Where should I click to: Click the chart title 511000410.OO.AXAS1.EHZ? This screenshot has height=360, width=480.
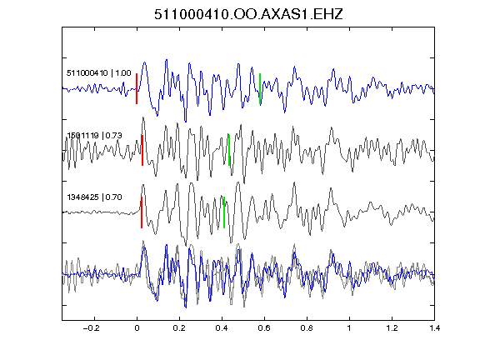coord(248,14)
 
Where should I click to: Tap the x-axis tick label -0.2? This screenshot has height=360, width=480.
coord(92,328)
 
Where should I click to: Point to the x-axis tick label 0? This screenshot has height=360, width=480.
coord(137,328)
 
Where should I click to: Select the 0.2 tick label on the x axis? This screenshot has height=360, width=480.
coord(179,328)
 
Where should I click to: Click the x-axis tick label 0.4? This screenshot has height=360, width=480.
coord(222,328)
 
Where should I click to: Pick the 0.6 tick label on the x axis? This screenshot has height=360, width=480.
coord(264,328)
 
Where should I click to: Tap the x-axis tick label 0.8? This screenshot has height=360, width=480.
coord(307,328)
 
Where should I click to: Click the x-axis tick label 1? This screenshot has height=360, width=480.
coord(349,328)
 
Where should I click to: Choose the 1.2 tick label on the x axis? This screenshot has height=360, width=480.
coord(392,328)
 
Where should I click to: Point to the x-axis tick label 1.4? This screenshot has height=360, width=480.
coord(435,328)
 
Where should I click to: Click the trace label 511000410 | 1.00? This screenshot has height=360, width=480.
coord(99,73)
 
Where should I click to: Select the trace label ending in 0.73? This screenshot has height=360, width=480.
coord(95,135)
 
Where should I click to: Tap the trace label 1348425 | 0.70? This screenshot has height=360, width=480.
coord(95,197)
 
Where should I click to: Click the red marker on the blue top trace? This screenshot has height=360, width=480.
coord(137,89)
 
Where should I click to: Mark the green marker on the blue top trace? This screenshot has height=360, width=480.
coord(260,89)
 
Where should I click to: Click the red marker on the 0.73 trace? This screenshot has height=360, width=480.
coord(142,150)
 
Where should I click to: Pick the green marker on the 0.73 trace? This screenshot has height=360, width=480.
coord(229,150)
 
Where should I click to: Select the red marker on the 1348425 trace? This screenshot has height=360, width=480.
coord(142,212)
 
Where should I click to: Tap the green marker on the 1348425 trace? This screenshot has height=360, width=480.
coord(224,212)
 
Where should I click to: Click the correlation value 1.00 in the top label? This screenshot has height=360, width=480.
coord(123,73)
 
